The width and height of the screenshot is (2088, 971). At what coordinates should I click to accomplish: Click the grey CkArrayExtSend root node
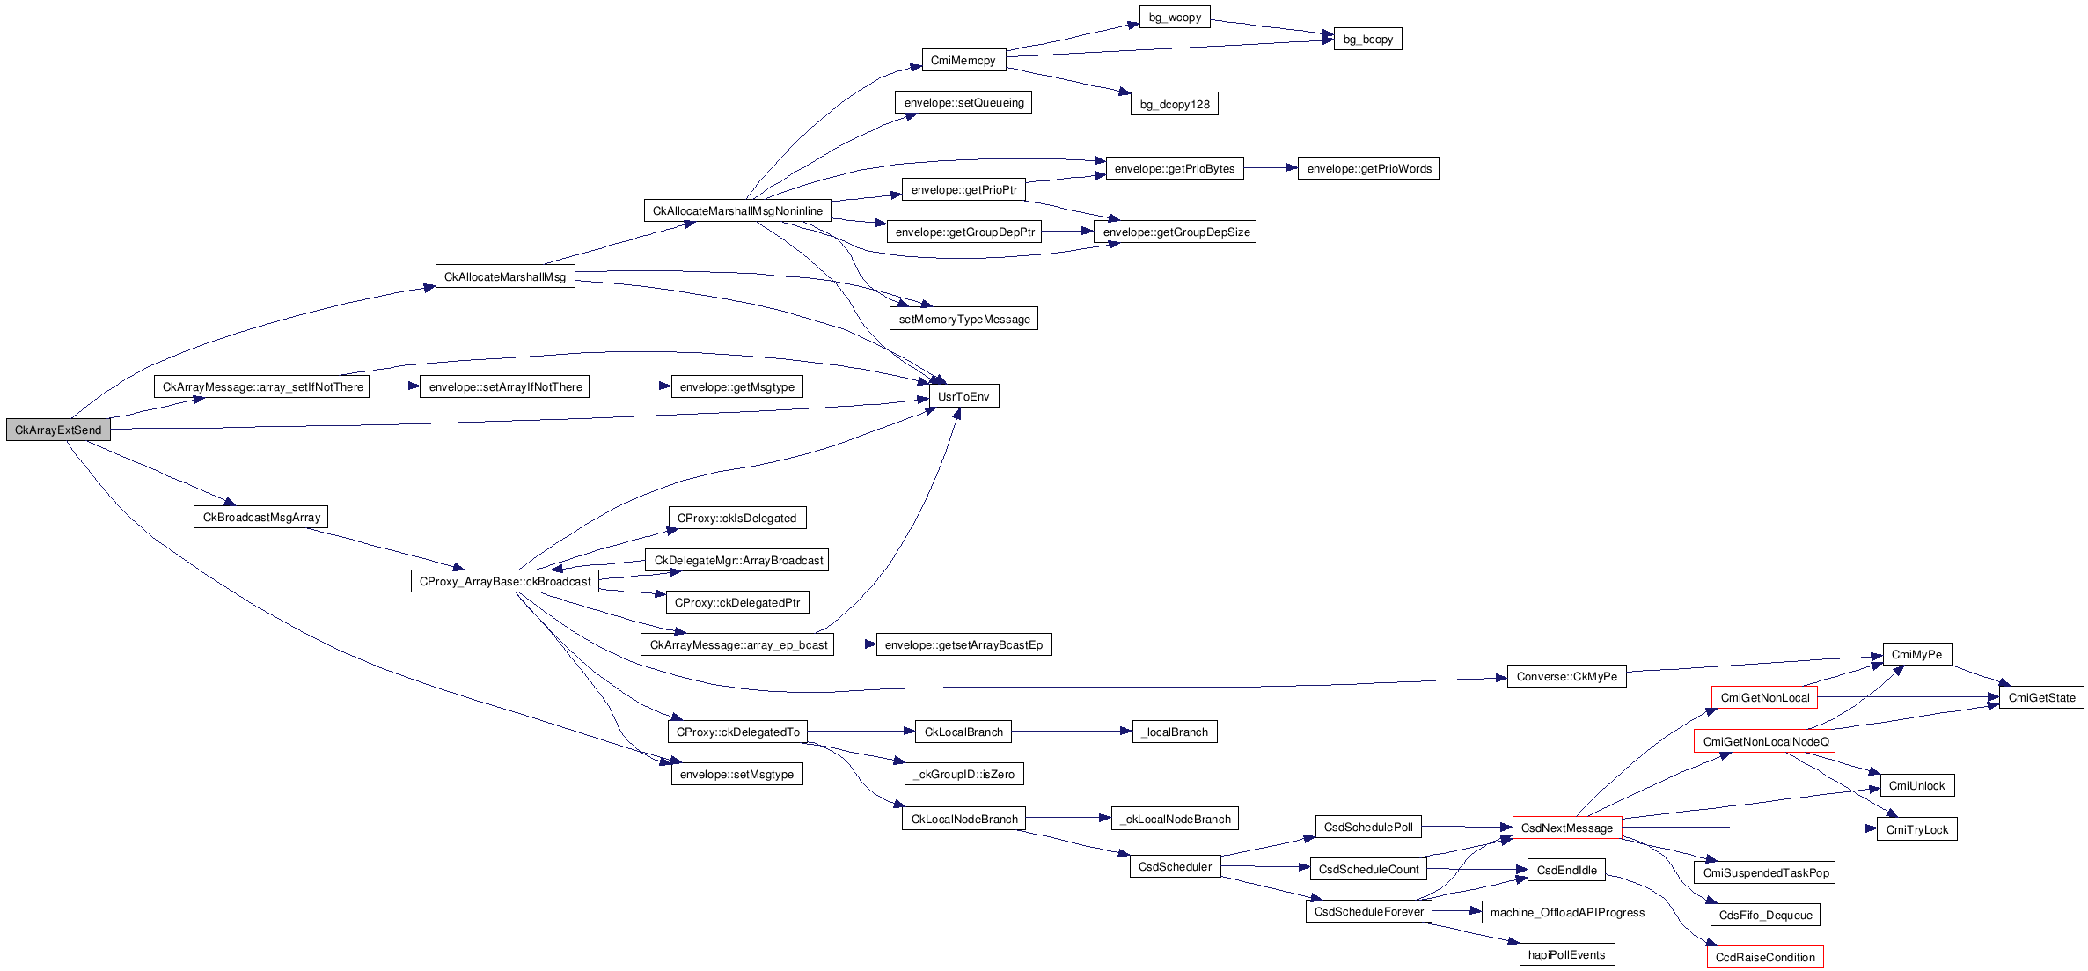pos(58,430)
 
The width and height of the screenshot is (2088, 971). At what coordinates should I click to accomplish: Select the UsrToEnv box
pos(963,397)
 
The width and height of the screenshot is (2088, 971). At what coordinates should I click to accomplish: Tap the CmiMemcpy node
pos(963,61)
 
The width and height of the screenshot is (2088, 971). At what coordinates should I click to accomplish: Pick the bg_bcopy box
pos(1367,40)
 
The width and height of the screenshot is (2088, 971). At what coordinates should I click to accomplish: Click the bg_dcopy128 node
pos(1174,105)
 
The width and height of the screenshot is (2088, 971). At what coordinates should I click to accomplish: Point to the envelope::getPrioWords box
pos(1368,169)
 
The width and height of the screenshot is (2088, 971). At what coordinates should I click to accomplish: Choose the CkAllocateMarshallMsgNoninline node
pos(737,211)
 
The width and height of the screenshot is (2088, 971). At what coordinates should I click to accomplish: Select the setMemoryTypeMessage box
pos(963,320)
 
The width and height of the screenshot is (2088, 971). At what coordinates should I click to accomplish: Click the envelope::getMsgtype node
pos(736,387)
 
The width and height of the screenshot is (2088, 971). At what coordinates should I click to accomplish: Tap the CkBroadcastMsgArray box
pos(260,518)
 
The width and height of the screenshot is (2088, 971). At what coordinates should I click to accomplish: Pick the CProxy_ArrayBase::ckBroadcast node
pos(504,582)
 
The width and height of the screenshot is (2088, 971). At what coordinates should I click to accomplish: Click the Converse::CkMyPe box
pos(1566,677)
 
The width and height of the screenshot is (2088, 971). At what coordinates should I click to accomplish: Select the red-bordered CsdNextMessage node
pos(1566,828)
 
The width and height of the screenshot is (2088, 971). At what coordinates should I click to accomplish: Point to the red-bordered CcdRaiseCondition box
pos(1764,958)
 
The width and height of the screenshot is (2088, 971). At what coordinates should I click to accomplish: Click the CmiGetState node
pos(2040,698)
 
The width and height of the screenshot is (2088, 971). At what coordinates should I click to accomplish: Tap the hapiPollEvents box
pos(1566,955)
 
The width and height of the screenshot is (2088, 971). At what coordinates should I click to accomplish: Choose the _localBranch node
pos(1175,732)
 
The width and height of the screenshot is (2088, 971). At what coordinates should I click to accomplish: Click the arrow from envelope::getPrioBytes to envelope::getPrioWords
pos(1271,168)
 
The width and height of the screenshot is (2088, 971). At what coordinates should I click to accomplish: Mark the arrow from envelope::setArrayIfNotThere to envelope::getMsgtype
pos(630,386)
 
